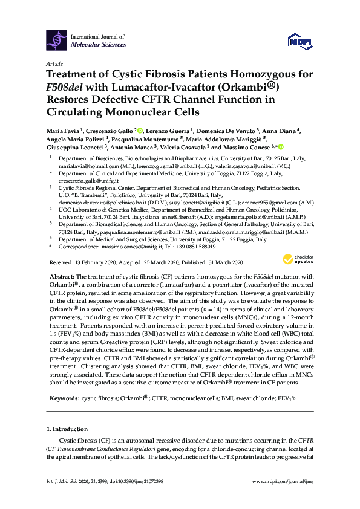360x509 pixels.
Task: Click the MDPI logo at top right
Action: [302, 41]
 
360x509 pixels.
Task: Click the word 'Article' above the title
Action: [54, 64]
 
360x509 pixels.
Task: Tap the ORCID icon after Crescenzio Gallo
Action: [140, 130]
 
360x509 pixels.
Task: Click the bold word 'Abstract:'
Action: [63, 276]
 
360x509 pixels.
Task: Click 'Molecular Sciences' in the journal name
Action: [99, 44]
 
